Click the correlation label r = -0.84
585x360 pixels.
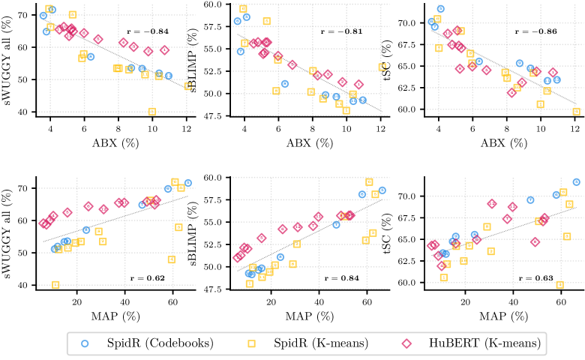coord(148,32)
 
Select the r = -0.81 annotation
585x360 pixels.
coord(342,32)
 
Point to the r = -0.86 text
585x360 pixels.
coord(537,32)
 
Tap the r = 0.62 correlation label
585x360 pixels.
coord(148,278)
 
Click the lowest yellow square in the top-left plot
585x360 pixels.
coord(152,112)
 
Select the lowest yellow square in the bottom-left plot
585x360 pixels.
coord(55,285)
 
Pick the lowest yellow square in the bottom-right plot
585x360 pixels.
coord(559,285)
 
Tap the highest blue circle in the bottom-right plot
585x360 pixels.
coord(577,182)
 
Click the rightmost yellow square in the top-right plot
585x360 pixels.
coord(577,112)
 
